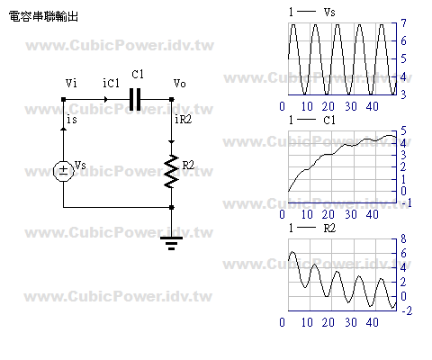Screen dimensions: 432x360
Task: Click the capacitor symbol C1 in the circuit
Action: pos(135,99)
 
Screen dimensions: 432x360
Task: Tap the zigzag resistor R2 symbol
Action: pos(171,171)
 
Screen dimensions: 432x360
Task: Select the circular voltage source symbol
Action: pos(63,171)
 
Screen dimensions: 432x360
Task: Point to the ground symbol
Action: pos(171,243)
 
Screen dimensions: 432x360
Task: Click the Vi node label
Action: pos(71,83)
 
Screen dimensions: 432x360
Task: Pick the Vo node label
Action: pos(179,83)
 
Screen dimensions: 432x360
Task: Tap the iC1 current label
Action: pos(111,83)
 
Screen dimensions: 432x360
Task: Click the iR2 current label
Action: pos(183,119)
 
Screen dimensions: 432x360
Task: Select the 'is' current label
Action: pos(72,119)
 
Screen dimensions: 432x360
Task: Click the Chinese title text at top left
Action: pos(43,16)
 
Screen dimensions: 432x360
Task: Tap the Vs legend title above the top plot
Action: pos(329,12)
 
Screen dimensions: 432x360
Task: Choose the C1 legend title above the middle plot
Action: pos(329,120)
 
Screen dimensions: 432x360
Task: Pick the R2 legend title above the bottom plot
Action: pos(329,228)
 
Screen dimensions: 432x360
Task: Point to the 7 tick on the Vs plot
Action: pos(404,23)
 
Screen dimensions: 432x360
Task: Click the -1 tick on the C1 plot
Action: pos(407,203)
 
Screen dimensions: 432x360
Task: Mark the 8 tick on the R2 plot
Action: pos(403,239)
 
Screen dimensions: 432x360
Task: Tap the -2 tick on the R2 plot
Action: pos(407,310)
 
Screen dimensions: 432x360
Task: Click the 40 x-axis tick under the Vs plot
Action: pos(372,106)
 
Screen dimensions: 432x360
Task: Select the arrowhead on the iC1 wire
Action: pos(105,99)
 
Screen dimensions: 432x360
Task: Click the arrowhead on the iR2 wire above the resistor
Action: pos(171,141)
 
